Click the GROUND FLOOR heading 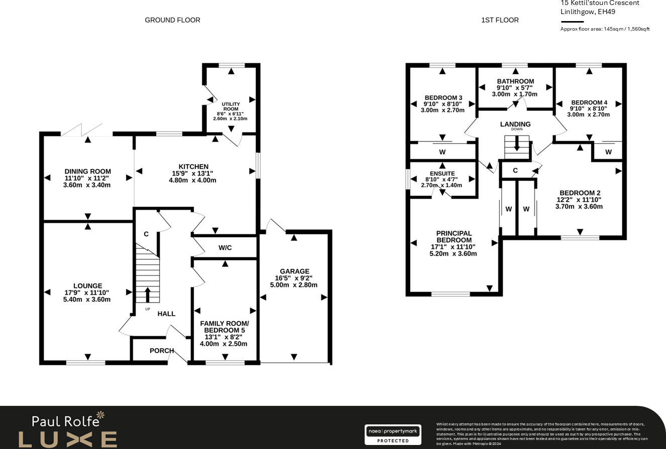172,20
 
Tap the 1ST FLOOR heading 500,20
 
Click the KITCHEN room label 193,167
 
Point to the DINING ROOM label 87,172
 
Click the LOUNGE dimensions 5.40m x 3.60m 87,300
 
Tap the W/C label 225,248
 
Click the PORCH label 162,351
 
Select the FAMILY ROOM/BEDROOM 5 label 224,327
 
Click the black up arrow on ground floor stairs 148,294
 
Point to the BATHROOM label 515,81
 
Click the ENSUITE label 442,174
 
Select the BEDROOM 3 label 443,98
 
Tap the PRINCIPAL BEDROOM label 454,237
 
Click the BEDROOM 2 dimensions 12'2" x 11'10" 579,200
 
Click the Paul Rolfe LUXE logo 68,429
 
